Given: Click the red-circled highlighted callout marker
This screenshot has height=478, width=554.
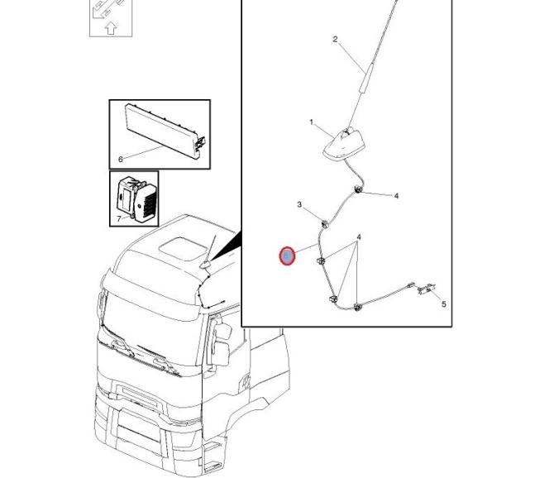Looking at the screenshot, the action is (287, 256).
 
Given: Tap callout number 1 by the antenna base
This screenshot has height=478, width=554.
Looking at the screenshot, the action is (311, 122).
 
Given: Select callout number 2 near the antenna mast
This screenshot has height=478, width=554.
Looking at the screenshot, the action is (335, 39).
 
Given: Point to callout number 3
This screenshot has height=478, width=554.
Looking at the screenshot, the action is (299, 204).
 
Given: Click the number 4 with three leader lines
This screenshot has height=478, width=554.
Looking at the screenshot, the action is (359, 237).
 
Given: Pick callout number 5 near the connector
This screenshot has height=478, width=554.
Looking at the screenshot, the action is (444, 304).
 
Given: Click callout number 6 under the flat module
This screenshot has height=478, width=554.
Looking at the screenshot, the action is (121, 160).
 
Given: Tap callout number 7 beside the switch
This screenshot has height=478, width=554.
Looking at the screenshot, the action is (119, 218).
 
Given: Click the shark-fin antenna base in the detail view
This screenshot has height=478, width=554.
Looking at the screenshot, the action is (341, 145).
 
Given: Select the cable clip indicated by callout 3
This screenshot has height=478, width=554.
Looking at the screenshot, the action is (324, 223).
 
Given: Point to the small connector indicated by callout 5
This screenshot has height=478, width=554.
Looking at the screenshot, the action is (427, 289).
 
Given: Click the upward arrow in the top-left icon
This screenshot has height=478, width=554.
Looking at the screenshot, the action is (111, 28).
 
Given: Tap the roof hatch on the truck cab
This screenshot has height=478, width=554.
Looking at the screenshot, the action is (183, 249).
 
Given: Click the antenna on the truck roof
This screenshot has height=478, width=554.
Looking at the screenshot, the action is (208, 253).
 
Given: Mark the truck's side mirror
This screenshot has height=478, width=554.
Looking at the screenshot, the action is (221, 342).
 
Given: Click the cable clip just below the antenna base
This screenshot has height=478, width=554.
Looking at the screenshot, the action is (358, 189).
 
